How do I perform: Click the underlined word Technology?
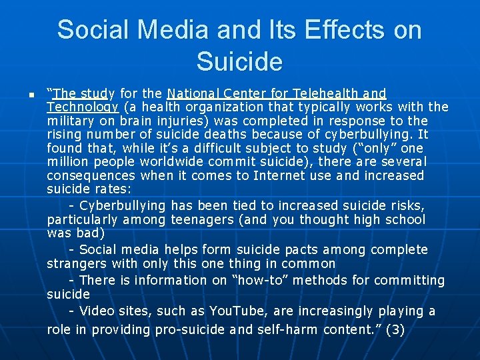[83, 107]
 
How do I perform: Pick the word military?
[69, 121]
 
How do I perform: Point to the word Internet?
[277, 175]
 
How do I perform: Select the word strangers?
[73, 263]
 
